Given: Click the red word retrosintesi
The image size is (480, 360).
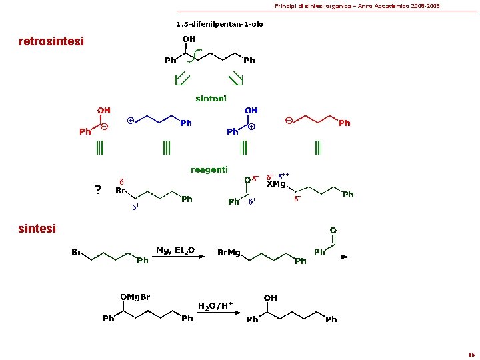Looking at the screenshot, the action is click(51, 42).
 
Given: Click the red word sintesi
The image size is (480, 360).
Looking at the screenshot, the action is click(37, 229).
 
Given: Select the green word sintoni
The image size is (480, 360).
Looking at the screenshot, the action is click(211, 98).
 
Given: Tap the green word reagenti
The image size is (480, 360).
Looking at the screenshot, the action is click(209, 169).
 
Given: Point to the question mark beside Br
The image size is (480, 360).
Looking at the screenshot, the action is click(98, 191).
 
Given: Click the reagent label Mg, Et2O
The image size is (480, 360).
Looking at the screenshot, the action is click(175, 251).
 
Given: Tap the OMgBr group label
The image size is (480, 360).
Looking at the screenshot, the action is click(135, 297).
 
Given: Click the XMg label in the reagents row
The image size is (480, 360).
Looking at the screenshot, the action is click(276, 184).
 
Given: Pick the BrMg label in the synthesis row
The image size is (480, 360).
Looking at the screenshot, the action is click(229, 253).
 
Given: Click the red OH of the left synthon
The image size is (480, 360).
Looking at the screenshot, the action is click(104, 110).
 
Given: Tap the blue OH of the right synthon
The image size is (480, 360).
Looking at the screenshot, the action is click(251, 110).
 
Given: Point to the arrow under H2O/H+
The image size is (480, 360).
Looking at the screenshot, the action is click(215, 315).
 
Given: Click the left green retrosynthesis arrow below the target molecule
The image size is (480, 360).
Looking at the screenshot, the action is click(179, 80).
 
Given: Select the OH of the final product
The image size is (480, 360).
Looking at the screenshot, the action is click(271, 297).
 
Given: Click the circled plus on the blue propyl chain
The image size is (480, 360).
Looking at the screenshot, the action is click(131, 121).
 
